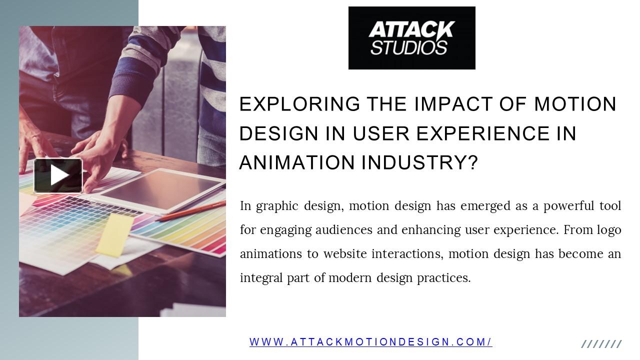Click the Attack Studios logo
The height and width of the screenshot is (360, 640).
[411, 38]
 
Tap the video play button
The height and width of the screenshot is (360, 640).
[58, 175]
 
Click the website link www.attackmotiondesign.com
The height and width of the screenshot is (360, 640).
[370, 342]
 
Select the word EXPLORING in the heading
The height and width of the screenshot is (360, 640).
[299, 104]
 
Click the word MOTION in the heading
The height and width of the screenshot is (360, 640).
[575, 104]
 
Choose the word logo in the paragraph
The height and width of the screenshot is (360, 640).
[609, 230]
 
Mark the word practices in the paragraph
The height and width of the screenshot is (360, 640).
[444, 278]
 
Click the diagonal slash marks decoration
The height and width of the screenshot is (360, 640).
[601, 344]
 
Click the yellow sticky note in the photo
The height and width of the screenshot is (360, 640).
[114, 235]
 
